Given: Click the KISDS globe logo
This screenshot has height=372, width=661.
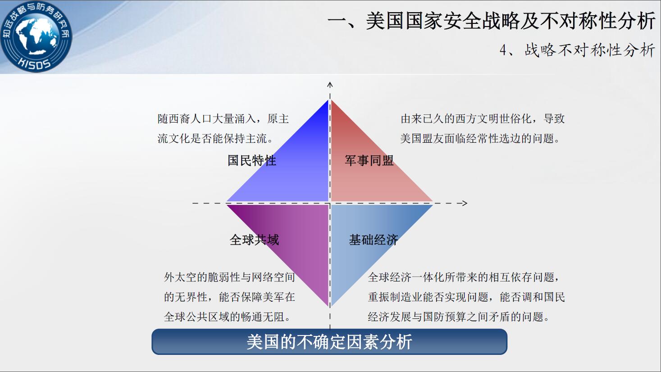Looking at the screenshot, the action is [36, 36].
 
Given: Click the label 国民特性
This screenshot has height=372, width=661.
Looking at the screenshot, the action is [252, 161].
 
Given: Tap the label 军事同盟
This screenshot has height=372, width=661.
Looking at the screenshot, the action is [369, 161].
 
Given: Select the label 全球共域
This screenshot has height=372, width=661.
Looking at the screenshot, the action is [254, 240].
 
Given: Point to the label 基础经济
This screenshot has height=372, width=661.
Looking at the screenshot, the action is [374, 240].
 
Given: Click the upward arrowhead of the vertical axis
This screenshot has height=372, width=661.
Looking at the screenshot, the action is [330, 85].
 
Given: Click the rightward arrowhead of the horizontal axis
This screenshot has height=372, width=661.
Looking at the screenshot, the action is [465, 203].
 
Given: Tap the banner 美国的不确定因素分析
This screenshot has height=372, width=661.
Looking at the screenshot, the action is [329, 342].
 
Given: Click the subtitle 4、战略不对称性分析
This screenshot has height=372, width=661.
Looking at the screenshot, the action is [577, 50].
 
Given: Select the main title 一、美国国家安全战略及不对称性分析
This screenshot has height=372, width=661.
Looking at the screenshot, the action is [491, 21].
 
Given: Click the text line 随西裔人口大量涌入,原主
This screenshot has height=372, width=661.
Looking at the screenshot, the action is [223, 119].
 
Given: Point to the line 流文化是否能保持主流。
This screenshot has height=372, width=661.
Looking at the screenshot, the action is [215, 138].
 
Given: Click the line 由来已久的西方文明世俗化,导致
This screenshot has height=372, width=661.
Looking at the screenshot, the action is [483, 119].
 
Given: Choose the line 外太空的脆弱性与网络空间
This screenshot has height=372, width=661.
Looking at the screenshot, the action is [229, 277].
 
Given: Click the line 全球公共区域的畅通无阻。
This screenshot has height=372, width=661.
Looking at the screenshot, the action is [228, 317].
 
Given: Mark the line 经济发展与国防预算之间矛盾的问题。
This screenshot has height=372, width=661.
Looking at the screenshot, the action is [459, 317].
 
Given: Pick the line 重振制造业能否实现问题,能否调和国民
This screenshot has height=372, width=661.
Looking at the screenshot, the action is [466, 297].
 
